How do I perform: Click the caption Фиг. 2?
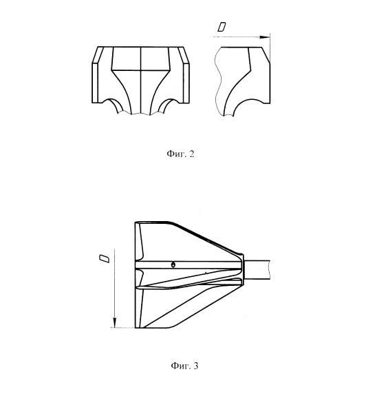(x=180, y=154)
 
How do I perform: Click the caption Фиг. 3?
(x=184, y=366)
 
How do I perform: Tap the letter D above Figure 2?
(x=222, y=27)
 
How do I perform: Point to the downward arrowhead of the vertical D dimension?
(x=115, y=322)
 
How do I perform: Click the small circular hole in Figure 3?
(x=173, y=264)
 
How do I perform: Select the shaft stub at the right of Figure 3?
(x=257, y=270)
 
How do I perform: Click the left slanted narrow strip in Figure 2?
(x=98, y=55)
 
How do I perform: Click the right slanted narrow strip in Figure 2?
(x=183, y=55)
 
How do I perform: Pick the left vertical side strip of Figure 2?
(x=95, y=83)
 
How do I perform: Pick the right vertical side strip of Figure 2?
(x=186, y=83)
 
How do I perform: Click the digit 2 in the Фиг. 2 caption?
(x=191, y=154)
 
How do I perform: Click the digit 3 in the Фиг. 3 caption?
(x=196, y=366)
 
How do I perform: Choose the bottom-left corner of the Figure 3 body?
(x=135, y=328)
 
